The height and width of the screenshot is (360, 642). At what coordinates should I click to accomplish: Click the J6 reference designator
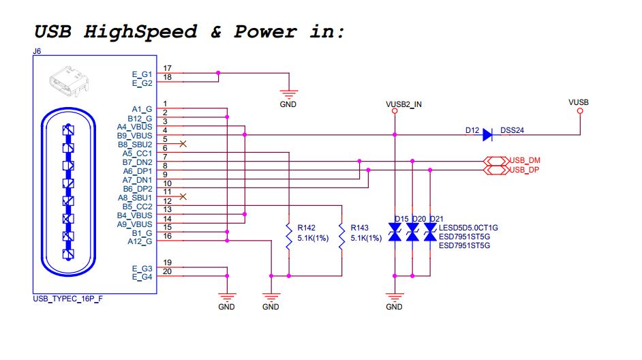coord(37,51)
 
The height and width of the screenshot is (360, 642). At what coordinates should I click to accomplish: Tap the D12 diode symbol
coord(487,135)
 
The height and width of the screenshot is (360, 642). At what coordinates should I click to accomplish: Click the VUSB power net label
coord(579,102)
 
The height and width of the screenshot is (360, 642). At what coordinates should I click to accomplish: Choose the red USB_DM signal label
coord(525,160)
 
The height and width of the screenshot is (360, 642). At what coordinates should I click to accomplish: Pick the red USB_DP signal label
coord(525,170)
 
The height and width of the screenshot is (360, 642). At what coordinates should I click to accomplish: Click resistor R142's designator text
coord(307,228)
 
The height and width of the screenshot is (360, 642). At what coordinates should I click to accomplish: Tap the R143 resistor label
coord(359,228)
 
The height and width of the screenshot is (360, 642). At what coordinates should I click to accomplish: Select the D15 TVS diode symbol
coord(394,235)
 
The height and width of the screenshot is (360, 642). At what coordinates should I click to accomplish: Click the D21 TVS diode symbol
coord(430,235)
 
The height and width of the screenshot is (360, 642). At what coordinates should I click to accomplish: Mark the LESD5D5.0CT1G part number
coord(469,228)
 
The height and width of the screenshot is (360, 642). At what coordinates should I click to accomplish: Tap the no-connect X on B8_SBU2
coord(182,144)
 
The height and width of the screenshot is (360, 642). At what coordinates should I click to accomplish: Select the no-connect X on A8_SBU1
coord(182,196)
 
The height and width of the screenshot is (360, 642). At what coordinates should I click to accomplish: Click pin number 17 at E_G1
coord(167,68)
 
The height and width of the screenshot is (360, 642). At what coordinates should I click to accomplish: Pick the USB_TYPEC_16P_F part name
coord(68,299)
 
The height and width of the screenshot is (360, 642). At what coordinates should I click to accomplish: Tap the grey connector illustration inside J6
coord(69,81)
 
